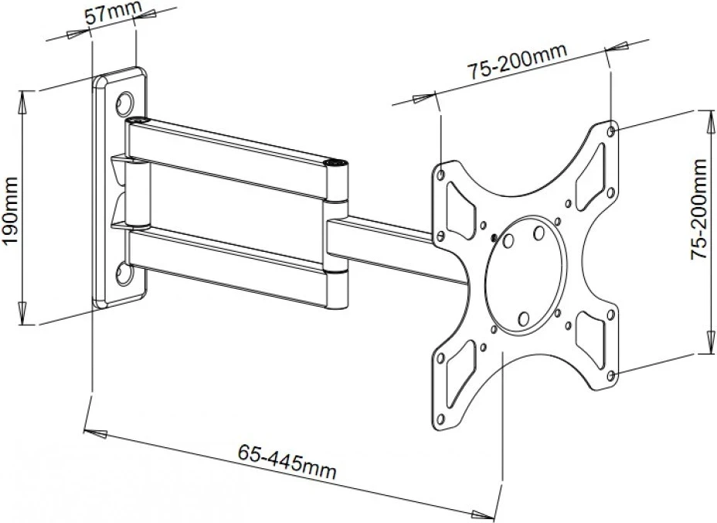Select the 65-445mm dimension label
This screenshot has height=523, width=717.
[287, 460]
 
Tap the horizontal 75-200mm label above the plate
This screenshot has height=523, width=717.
[517, 63]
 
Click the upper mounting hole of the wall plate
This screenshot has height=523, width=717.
[125, 104]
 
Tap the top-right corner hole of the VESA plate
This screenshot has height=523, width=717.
[611, 131]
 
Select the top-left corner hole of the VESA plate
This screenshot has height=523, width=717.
[441, 175]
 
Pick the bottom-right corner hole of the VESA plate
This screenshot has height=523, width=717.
[611, 375]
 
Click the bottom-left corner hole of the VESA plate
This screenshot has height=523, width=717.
[440, 419]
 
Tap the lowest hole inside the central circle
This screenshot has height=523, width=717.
[524, 318]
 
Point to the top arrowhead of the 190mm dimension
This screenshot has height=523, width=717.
[22, 101]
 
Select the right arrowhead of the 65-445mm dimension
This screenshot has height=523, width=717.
[483, 515]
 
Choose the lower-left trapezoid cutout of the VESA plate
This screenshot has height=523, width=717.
[460, 372]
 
